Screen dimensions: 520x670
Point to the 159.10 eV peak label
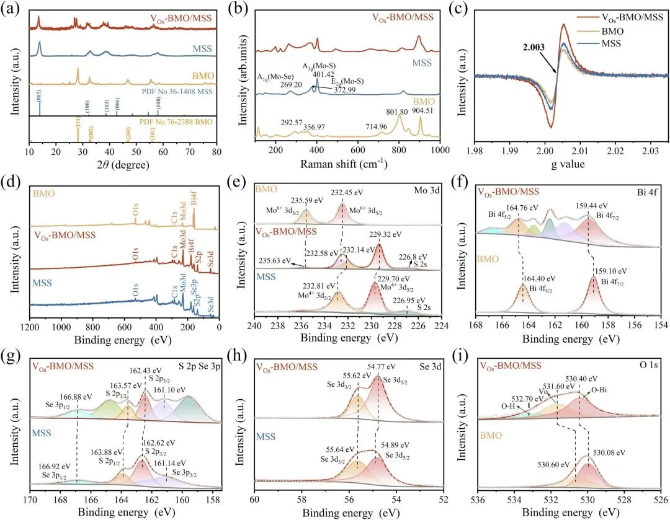610,270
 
